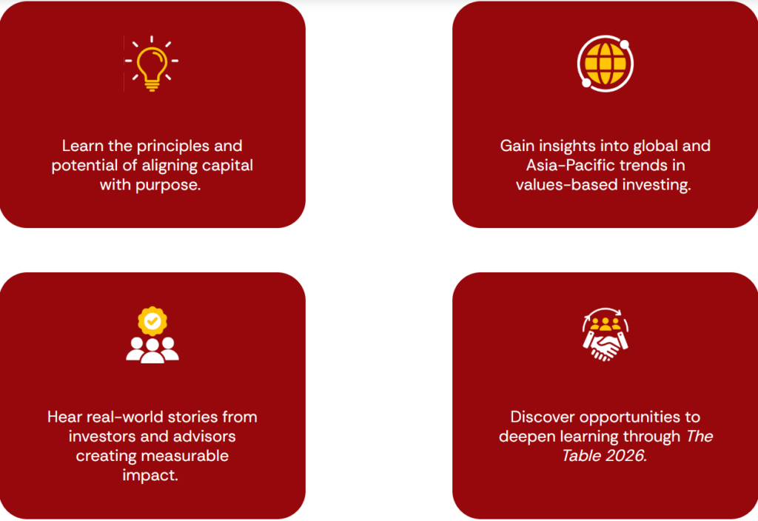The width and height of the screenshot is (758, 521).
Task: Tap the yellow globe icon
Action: pyautogui.click(x=606, y=64)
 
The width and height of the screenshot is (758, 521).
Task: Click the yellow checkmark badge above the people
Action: pyautogui.click(x=152, y=320)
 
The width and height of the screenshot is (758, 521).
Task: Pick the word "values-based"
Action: pyautogui.click(x=563, y=184)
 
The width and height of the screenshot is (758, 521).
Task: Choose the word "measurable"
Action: pyautogui.click(x=189, y=456)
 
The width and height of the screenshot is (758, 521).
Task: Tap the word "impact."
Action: pyautogui.click(x=150, y=475)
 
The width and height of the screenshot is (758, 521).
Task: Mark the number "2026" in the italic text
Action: pyautogui.click(x=626, y=456)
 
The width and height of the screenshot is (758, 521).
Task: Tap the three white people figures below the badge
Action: pyautogui.click(x=152, y=350)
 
